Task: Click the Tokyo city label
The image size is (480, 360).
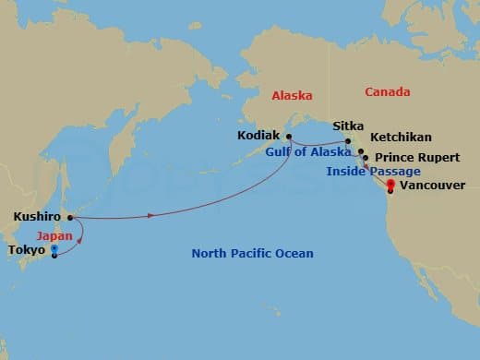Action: pyautogui.click(x=25, y=249)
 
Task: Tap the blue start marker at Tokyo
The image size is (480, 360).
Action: pyautogui.click(x=54, y=249)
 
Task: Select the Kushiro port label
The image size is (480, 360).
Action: pyautogui.click(x=37, y=218)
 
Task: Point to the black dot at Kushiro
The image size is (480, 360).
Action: pyautogui.click(x=70, y=218)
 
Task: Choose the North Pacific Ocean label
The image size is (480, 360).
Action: pyautogui.click(x=252, y=253)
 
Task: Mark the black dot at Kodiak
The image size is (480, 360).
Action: pyautogui.click(x=289, y=137)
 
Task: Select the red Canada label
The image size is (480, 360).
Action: pyautogui.click(x=388, y=92)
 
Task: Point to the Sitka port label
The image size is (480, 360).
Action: pyautogui.click(x=349, y=126)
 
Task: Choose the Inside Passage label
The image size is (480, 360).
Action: pyautogui.click(x=374, y=172)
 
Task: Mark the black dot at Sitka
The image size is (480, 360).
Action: pyautogui.click(x=348, y=140)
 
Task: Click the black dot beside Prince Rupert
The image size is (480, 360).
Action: pyautogui.click(x=366, y=158)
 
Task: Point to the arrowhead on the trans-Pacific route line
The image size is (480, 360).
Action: pyautogui.click(x=150, y=217)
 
